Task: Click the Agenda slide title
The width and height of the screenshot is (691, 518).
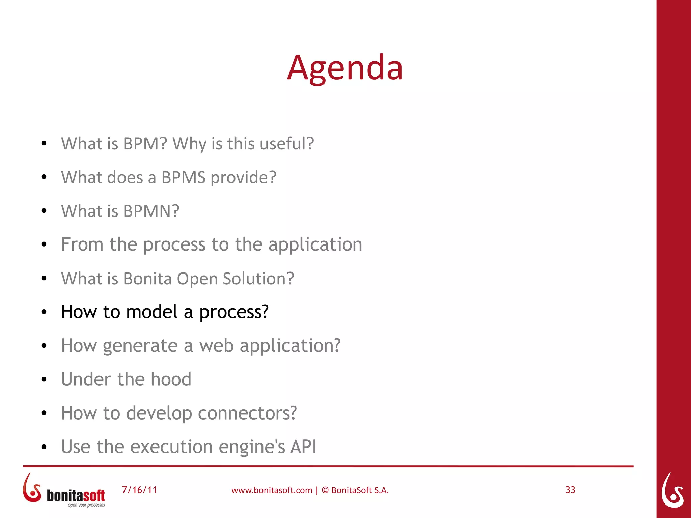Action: tap(345, 68)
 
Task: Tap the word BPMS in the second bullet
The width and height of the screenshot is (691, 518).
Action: tap(183, 178)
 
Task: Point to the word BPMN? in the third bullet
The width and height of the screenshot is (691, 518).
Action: tap(151, 211)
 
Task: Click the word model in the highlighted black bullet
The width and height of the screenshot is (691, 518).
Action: tap(151, 312)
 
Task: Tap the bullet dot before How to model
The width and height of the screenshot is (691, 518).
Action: tap(44, 312)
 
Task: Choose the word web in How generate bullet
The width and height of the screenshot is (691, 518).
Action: tap(216, 346)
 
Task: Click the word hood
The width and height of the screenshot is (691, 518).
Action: tap(171, 379)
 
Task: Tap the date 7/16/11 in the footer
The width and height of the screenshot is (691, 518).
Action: tap(139, 490)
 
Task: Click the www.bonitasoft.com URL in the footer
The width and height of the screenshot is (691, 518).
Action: tap(272, 490)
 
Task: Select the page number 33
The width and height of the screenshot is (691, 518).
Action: tap(570, 490)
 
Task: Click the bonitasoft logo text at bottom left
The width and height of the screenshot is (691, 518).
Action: tap(76, 496)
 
